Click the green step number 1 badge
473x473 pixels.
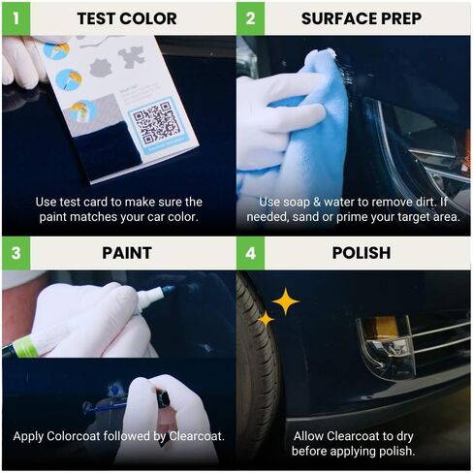pos(16,18)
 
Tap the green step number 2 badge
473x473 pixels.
pos(250,18)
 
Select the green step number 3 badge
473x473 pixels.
pos(16,253)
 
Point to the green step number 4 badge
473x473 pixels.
pos(250,253)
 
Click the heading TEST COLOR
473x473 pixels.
pos(126,18)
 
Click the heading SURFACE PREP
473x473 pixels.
pos(361,18)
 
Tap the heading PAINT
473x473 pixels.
pos(126,253)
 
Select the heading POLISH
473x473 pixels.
pos(361,253)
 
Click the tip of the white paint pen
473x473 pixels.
pos(171,288)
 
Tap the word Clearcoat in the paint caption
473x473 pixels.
pos(191,436)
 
